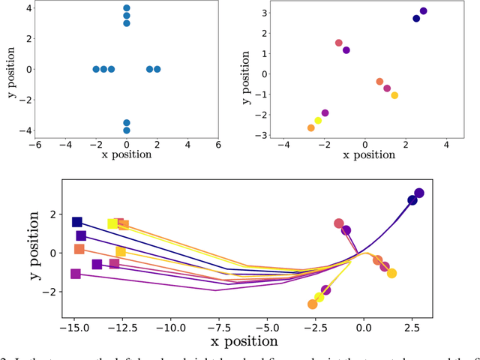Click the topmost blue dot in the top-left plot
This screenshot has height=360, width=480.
click(126, 8)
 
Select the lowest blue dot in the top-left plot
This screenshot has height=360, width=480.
click(126, 130)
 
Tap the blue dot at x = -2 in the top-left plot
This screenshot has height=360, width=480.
click(96, 69)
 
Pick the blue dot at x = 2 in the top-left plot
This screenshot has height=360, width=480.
click(157, 69)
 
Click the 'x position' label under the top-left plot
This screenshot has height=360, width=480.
click(126, 155)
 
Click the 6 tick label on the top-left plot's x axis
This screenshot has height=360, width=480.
click(218, 145)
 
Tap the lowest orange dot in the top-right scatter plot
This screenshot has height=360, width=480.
click(311, 128)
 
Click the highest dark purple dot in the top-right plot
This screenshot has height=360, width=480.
click(423, 11)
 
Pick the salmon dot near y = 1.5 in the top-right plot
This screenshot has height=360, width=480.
click(339, 43)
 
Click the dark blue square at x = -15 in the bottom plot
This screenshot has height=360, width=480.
click(76, 222)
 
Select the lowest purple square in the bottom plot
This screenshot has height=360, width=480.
click(76, 274)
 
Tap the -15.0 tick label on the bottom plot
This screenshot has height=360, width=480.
click(75, 328)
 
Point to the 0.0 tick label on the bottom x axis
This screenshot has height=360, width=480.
click(364, 328)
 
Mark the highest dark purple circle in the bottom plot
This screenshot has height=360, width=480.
click(419, 193)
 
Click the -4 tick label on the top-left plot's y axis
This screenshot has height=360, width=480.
click(24, 130)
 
